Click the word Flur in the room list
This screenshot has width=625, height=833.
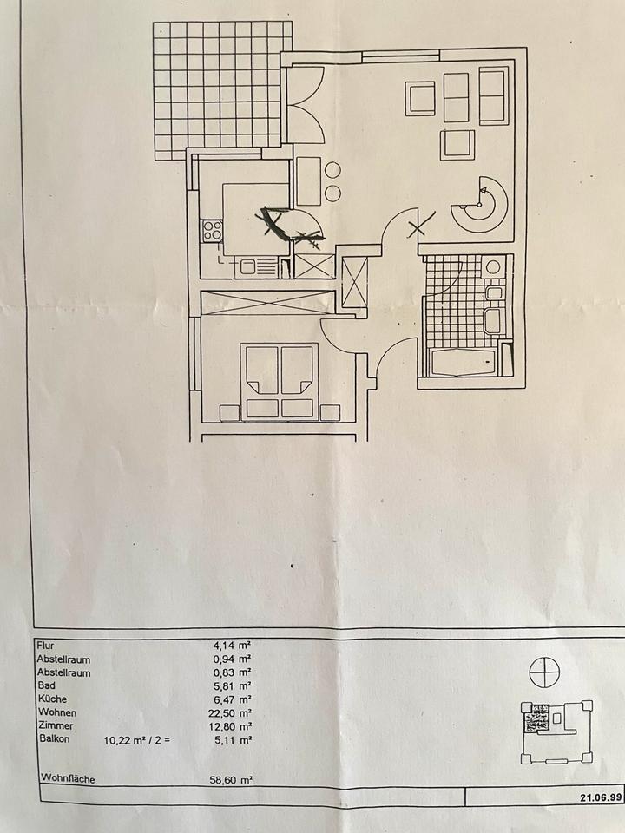[45, 646]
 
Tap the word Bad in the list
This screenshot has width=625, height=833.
[45, 685]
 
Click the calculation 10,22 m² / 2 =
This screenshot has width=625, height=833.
[139, 739]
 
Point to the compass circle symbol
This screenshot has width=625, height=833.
[547, 671]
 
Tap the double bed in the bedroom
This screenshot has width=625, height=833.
[279, 382]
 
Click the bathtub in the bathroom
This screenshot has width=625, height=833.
[466, 360]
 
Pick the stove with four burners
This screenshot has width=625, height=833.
[212, 231]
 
